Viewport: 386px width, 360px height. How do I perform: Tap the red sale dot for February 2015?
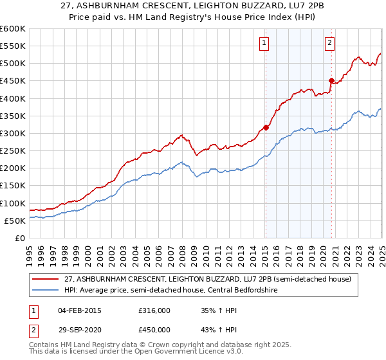pyautogui.click(x=266, y=127)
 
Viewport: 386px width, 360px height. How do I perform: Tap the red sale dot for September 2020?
pyautogui.click(x=332, y=80)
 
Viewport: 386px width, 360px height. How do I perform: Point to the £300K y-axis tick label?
pyautogui.click(x=12, y=133)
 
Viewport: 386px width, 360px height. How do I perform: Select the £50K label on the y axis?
pyautogui.click(x=15, y=221)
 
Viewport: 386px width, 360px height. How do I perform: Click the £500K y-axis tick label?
pyautogui.click(x=12, y=63)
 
